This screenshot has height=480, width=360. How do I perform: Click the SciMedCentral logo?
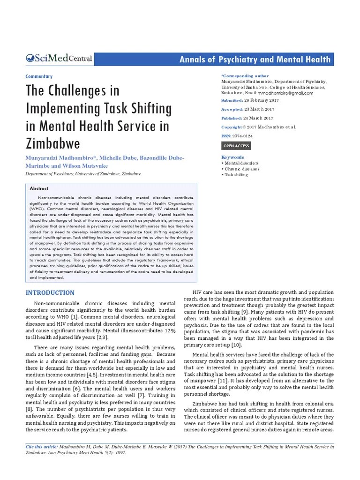[x=59, y=59]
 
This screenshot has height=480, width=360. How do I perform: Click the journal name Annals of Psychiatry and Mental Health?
[x=255, y=60]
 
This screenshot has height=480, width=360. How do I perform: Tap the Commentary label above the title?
[x=38, y=76]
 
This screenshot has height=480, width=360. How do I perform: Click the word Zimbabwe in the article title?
[x=52, y=142]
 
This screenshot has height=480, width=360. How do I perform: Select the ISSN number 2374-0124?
[x=243, y=136]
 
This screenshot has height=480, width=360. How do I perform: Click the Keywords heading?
[x=232, y=157]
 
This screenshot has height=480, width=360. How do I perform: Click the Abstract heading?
[x=39, y=188]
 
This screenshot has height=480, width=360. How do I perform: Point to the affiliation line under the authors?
[x=82, y=174]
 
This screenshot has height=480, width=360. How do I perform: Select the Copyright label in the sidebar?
[x=232, y=127]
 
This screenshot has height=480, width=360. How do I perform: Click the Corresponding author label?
[x=245, y=75]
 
